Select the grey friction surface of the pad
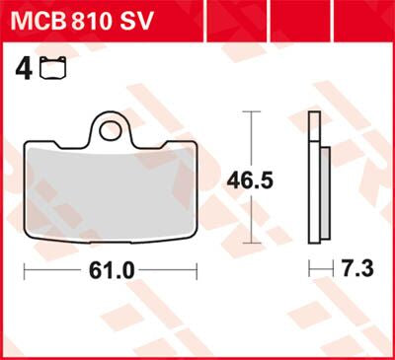(110, 187)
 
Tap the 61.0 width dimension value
(111, 269)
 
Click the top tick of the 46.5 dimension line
(253, 112)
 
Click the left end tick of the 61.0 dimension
(25, 269)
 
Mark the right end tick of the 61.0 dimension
(197, 269)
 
